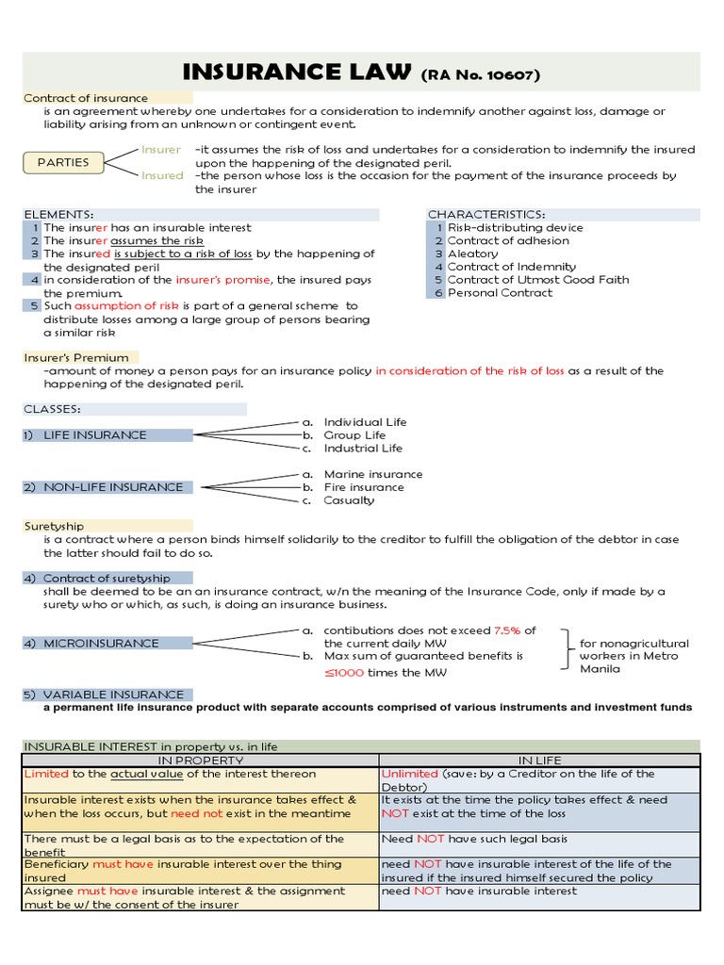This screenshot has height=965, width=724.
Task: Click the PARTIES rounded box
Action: click(63, 162)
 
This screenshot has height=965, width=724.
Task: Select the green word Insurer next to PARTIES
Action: click(161, 149)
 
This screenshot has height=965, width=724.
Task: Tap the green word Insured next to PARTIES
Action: click(162, 175)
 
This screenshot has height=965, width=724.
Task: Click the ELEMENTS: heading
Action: click(58, 215)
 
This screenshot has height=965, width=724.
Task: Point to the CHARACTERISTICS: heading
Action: click(486, 215)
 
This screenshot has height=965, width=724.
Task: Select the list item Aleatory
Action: click(472, 254)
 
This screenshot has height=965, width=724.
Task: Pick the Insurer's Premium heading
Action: click(75, 357)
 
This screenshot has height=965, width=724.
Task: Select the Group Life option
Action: click(354, 435)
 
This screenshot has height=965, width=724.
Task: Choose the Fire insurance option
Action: click(363, 487)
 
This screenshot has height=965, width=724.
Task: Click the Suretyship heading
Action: click(54, 526)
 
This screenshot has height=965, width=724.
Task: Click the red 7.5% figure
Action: click(507, 630)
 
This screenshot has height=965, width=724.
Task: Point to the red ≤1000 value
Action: click(348, 672)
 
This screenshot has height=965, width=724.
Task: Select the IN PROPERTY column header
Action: click(200, 760)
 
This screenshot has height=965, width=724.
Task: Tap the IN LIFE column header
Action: click(539, 760)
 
